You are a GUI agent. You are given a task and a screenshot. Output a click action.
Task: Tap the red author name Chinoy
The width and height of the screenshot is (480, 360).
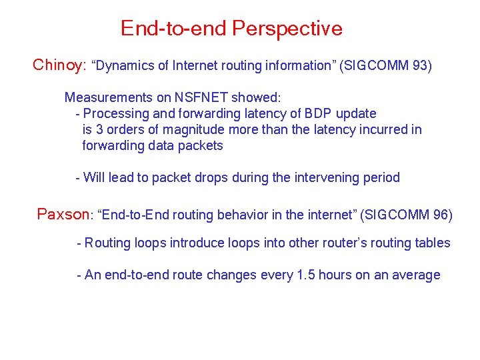57,65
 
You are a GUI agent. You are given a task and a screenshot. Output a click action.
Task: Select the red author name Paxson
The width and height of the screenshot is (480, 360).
63,214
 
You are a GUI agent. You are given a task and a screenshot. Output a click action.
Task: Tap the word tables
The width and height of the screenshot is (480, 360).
433,243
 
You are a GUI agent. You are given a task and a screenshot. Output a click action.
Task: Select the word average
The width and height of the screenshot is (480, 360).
417,275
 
